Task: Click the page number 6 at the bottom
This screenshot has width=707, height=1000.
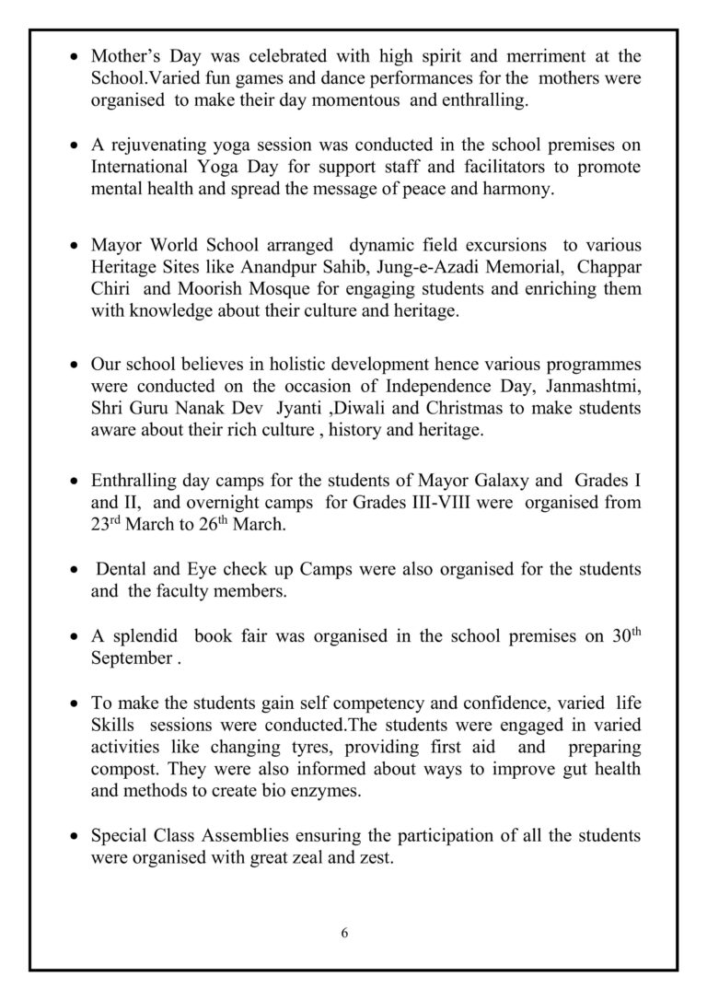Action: [344, 932]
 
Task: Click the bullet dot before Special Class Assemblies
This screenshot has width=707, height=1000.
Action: [75, 837]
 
